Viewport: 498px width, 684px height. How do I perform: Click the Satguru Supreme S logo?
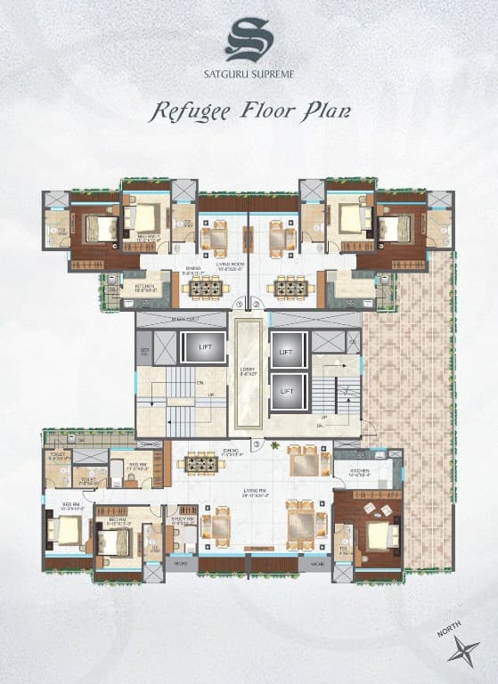click(x=249, y=40)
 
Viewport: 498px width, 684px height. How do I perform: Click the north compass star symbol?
click(x=463, y=652)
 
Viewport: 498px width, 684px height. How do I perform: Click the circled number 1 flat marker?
click(x=239, y=305)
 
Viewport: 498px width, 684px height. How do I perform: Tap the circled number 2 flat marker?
click(x=257, y=305)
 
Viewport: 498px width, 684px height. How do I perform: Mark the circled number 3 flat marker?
click(x=257, y=444)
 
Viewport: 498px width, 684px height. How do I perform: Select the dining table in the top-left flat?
click(x=205, y=287)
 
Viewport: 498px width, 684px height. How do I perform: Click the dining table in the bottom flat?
click(x=201, y=463)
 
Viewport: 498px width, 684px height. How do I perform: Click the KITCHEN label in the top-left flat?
click(x=146, y=287)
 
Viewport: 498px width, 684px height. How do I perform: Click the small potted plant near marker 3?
click(x=276, y=445)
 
